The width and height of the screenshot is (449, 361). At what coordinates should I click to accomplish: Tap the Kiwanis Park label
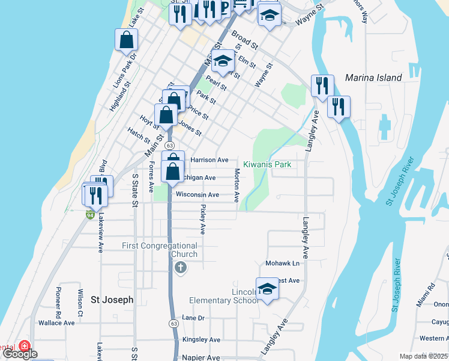[x=267, y=164]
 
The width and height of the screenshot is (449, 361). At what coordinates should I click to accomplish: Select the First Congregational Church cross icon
[x=180, y=268]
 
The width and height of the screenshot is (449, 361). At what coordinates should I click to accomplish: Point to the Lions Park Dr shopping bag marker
[x=127, y=40]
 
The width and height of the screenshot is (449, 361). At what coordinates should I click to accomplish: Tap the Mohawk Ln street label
[x=282, y=264]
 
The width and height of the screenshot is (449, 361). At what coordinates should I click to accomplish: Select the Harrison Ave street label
[x=209, y=160]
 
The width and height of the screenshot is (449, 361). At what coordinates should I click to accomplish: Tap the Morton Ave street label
[x=237, y=185]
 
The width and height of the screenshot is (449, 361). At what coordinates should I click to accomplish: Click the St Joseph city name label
[x=112, y=299]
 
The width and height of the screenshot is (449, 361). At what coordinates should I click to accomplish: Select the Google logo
[x=20, y=354]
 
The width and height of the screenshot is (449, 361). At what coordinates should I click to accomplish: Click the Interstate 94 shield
[x=90, y=214]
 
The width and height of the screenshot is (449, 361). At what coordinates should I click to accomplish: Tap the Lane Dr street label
[x=193, y=318]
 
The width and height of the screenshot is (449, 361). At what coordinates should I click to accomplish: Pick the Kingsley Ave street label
[x=201, y=340]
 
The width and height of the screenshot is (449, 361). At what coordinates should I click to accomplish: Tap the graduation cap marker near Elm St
[x=223, y=61]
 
